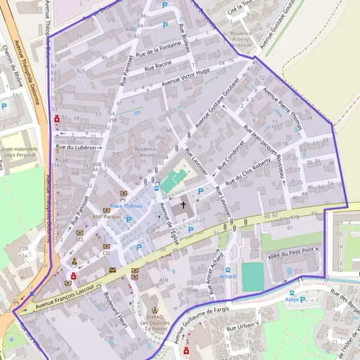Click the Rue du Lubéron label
76,146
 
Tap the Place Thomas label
127,206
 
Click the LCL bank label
80,239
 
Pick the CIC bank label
107,253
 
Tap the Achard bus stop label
227,277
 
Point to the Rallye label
292,299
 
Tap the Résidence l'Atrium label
146,152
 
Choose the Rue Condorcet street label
232,155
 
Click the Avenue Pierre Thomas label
283,109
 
